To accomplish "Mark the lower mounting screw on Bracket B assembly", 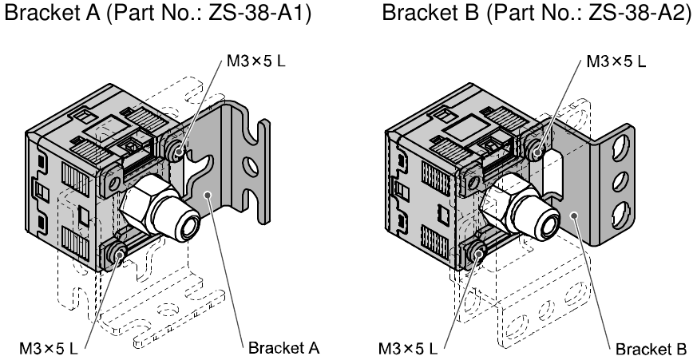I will pyautogui.click(x=477, y=255).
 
